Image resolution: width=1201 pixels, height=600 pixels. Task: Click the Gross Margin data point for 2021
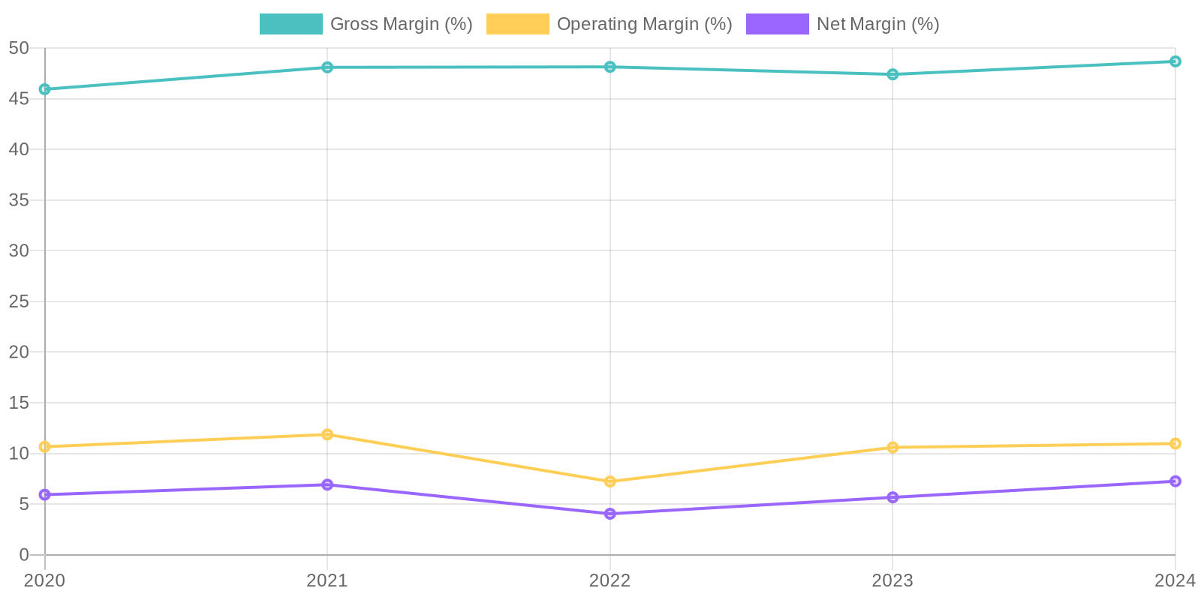(x=327, y=67)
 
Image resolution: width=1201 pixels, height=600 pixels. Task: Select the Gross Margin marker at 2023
(x=892, y=74)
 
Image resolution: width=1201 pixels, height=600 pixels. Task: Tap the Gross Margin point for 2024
(x=1175, y=61)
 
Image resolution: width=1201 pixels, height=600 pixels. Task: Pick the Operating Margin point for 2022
(x=610, y=481)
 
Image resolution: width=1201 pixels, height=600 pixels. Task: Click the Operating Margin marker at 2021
(x=327, y=434)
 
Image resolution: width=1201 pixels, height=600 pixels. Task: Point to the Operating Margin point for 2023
(x=892, y=448)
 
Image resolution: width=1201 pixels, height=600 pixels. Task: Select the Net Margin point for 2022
(x=610, y=514)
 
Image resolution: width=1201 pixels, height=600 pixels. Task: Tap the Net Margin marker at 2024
(x=1175, y=481)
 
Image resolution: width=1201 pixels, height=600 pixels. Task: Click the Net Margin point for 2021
(x=327, y=484)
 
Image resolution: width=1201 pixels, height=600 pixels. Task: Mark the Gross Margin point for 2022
(x=610, y=67)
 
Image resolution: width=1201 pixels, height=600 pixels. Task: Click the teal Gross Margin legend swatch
(x=290, y=24)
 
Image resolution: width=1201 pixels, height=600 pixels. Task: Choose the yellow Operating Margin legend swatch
(x=517, y=24)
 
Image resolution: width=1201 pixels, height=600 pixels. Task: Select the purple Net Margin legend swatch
(x=777, y=24)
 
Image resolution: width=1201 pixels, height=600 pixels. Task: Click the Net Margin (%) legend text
(x=877, y=24)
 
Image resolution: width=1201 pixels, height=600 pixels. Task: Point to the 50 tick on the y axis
(x=19, y=48)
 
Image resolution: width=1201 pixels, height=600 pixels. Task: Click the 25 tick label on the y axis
(x=19, y=301)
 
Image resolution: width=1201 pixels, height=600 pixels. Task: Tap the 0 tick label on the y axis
(x=24, y=555)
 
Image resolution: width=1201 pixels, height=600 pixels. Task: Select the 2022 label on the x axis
(x=610, y=580)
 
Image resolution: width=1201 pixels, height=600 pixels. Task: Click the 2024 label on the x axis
(x=1175, y=580)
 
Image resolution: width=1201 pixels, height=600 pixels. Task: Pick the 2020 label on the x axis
(x=45, y=580)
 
